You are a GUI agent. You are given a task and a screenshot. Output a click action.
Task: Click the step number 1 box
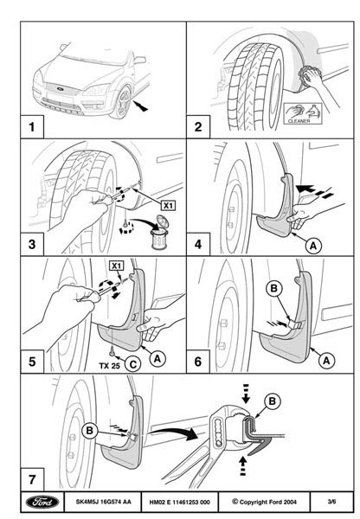32,126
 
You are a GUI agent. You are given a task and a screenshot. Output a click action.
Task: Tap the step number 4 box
198,244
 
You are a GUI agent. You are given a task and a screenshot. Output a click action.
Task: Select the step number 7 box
32,479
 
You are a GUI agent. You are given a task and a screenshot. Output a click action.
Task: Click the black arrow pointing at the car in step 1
141,106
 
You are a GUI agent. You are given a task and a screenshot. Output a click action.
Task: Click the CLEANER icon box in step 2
303,113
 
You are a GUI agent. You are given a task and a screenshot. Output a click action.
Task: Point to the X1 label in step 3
168,206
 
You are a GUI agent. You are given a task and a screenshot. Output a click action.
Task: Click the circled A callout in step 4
313,246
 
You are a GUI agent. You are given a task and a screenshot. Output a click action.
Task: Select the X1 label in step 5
116,266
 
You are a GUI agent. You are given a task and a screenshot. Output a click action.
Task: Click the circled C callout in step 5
132,364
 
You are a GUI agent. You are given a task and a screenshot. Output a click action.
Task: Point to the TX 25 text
109,366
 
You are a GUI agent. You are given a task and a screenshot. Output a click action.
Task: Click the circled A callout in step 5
157,359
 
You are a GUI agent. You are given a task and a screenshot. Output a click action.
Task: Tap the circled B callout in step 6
273,289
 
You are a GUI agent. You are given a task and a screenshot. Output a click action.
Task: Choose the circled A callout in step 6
326,361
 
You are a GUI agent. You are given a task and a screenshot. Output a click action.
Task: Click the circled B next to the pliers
273,401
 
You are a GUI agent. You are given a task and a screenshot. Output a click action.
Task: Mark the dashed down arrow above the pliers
246,394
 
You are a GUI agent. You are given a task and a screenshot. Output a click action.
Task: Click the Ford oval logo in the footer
42,502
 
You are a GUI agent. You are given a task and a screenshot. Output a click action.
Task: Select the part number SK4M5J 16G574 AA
103,502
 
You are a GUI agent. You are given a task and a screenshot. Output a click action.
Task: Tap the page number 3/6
331,502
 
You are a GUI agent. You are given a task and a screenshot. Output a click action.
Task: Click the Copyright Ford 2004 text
264,502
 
